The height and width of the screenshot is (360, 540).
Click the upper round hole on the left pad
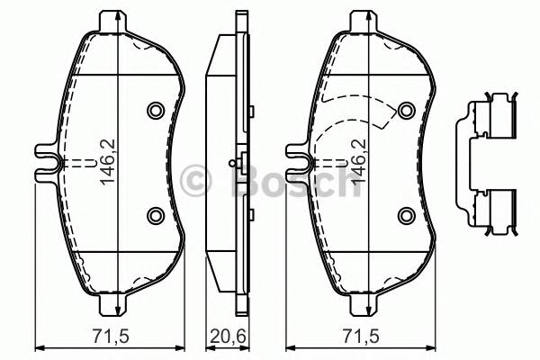[x=154, y=111]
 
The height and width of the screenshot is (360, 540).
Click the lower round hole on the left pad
[x=154, y=214]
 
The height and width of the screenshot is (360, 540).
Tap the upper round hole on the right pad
[x=406, y=111]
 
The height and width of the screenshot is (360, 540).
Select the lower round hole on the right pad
[x=406, y=214]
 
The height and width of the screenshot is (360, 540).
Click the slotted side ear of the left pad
[x=47, y=162]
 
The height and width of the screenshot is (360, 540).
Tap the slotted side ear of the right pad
[x=299, y=162]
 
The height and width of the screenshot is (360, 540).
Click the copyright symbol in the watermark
[x=194, y=180]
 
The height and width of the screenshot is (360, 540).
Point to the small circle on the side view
[x=232, y=163]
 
